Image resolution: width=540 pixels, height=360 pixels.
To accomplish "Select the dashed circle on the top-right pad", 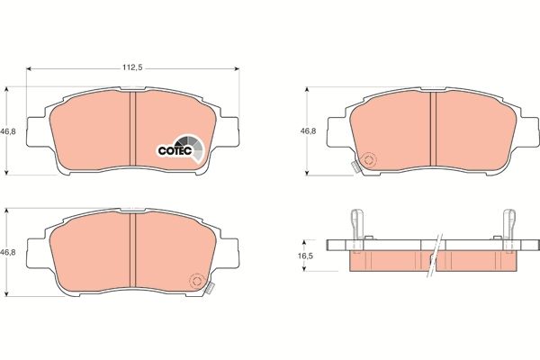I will [x=370, y=161].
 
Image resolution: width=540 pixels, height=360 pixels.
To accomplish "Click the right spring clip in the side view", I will [x=508, y=227].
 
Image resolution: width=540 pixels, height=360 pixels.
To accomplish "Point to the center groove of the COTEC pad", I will [x=132, y=130].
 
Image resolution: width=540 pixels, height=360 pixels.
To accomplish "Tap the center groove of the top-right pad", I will [x=433, y=130].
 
